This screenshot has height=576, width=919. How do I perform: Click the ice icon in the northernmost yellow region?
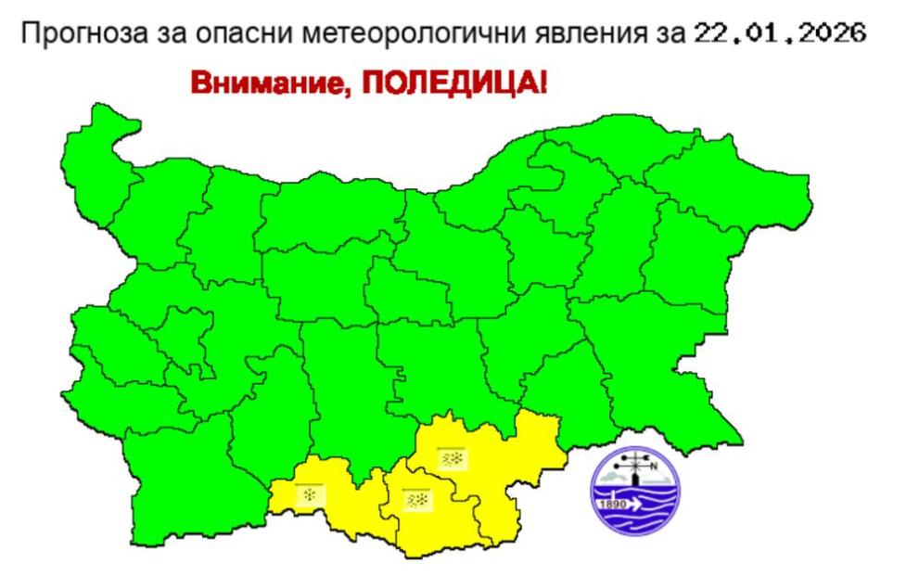click(x=453, y=458)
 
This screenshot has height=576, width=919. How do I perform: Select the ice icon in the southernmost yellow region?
click(x=415, y=499)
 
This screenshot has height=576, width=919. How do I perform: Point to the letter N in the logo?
click(x=654, y=466)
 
